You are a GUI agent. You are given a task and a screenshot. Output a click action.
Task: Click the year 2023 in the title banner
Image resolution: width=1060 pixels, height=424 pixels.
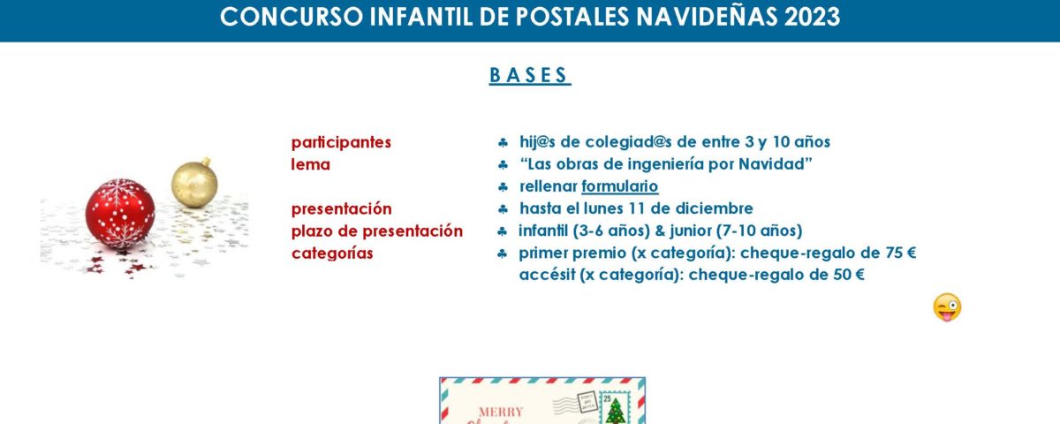812,17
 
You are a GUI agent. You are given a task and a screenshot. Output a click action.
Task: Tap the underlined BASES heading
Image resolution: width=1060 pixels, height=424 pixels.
529,75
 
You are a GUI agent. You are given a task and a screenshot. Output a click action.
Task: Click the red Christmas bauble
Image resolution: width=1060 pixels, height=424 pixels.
120,213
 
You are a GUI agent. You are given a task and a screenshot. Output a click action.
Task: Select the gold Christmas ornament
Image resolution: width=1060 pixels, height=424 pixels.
194,184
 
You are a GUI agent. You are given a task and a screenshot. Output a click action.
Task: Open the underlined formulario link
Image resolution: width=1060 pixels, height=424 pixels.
619,186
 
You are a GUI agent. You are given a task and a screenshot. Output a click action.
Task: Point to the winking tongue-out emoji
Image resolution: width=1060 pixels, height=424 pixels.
947,307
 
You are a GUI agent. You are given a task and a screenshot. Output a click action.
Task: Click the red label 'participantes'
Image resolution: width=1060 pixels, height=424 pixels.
341,142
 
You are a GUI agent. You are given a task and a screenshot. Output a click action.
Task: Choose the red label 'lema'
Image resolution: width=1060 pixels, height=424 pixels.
310,164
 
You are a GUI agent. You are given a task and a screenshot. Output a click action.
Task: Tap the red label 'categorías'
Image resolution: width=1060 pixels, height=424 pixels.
332,254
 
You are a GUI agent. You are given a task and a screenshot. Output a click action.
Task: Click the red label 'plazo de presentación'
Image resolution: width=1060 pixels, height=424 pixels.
376,231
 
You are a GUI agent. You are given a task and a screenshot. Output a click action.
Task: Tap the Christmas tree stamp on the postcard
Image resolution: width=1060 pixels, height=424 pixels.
615,407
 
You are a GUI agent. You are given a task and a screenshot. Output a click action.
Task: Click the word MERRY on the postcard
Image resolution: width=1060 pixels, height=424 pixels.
501,412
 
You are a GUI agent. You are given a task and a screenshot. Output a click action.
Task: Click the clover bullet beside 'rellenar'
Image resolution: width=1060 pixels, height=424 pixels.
503,187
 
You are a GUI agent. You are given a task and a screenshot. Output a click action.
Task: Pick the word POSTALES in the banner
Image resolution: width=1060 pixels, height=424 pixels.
572,17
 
